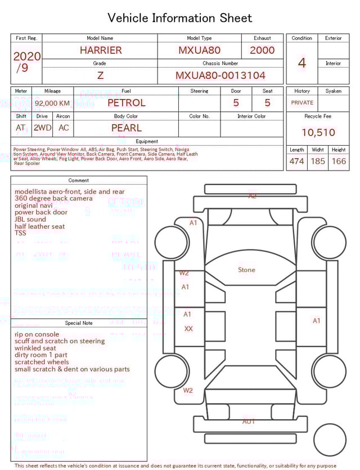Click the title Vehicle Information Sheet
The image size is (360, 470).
pos(180,18)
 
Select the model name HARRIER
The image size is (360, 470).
pos(100,50)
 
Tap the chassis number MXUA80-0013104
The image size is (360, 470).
pos(220,75)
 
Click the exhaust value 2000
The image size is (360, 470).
pos(262,50)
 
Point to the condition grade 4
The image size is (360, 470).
pos(301,63)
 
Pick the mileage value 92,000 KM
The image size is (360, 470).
pos(52,104)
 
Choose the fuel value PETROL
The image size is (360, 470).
pos(126,103)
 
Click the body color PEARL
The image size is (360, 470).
pos(126,128)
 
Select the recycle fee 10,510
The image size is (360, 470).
pos(318,133)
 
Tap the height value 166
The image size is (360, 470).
pos(339,162)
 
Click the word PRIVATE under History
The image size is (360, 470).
pos(302,103)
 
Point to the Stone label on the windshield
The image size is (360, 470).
pos(246,270)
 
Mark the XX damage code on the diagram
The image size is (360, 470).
pos(188,329)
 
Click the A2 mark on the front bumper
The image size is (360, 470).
pos(253,196)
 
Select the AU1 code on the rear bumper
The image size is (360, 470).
pos(249,421)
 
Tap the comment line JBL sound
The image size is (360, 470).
pos(30,220)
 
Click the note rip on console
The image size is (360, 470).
pos(37,334)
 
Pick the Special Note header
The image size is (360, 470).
pos(79,323)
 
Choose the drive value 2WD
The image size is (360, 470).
pos(42,128)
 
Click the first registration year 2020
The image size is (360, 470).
pos(26,56)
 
